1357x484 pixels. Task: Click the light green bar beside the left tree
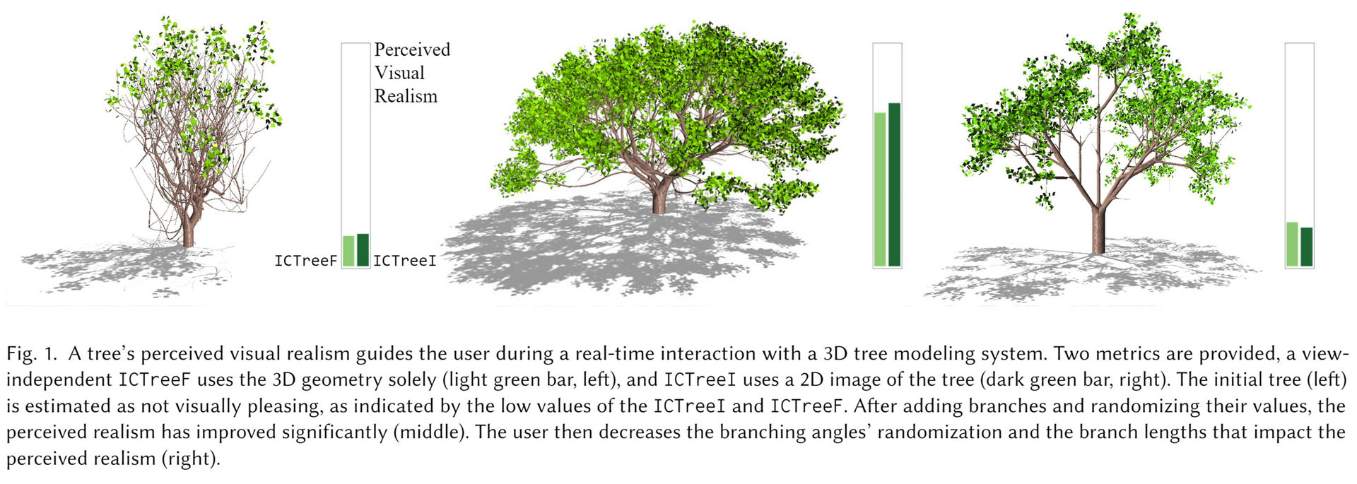(x=348, y=251)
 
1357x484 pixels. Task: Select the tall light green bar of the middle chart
(x=880, y=189)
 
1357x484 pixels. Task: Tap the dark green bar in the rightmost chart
(x=1306, y=247)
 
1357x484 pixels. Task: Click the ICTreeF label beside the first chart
(x=305, y=261)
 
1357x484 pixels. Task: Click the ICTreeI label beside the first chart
(x=404, y=261)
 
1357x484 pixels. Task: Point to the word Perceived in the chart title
(x=412, y=49)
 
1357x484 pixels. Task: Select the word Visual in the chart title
(x=399, y=73)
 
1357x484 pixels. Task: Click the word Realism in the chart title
(x=406, y=96)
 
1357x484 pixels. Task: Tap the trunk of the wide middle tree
(x=659, y=198)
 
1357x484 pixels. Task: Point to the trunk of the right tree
(x=1098, y=230)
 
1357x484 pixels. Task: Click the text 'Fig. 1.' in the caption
(x=31, y=353)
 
